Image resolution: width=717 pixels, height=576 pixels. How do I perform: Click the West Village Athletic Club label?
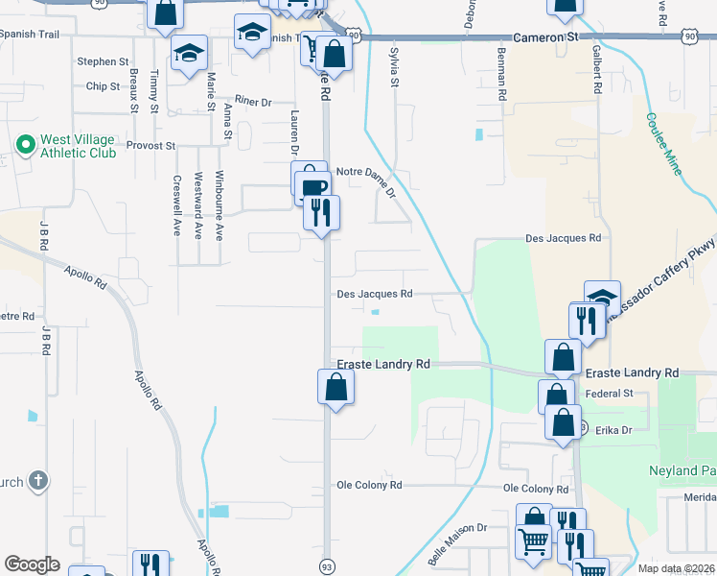(x=77, y=146)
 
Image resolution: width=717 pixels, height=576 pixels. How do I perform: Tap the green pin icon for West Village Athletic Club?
(x=24, y=146)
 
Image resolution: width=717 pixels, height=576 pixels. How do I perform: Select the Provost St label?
(x=154, y=146)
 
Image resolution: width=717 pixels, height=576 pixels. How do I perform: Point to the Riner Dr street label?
(x=252, y=101)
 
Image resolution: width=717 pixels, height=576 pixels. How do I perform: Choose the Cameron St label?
(x=547, y=36)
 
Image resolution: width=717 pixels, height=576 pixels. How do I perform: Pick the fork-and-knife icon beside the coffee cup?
(x=321, y=210)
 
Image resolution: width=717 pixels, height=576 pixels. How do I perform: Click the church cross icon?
(x=37, y=480)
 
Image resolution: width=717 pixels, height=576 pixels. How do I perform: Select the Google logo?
(x=32, y=564)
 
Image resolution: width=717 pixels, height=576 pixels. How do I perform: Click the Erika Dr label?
(x=613, y=430)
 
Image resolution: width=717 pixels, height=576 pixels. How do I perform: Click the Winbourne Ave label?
(x=220, y=204)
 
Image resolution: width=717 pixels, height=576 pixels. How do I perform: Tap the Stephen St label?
(x=103, y=61)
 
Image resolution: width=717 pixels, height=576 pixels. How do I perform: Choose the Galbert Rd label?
(x=596, y=69)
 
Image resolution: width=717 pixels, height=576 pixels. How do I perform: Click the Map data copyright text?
(x=675, y=568)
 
